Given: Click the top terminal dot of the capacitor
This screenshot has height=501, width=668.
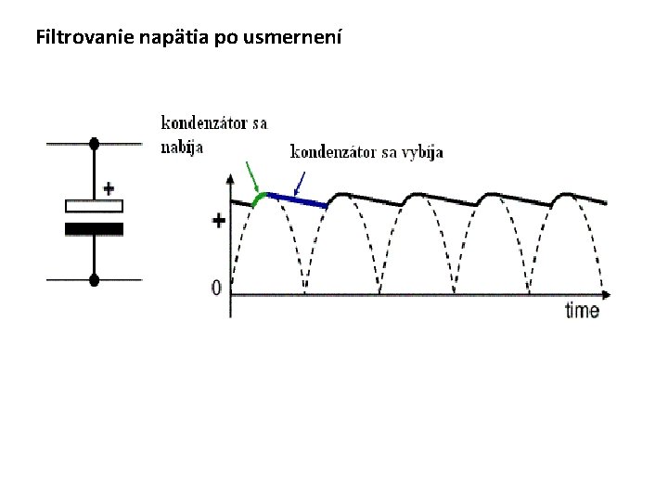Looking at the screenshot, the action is click(94, 144).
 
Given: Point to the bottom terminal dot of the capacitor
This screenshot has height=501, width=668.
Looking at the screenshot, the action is click(94, 278).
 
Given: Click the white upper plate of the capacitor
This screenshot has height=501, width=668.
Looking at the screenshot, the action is click(94, 205).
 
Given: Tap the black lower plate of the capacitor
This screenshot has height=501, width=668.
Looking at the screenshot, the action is click(94, 228).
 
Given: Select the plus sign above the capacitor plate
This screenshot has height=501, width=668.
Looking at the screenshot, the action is click(109, 186).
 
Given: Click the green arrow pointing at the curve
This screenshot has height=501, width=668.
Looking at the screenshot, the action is click(252, 176).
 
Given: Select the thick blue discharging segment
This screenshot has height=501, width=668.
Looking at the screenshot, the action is click(298, 199).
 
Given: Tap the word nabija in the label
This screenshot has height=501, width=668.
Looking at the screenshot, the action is click(182, 145).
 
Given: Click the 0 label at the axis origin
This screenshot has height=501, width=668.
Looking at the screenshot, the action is click(216, 289).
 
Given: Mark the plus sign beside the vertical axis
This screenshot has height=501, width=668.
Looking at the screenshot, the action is click(219, 221).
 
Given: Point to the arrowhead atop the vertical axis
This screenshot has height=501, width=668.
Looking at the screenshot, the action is click(231, 176).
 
